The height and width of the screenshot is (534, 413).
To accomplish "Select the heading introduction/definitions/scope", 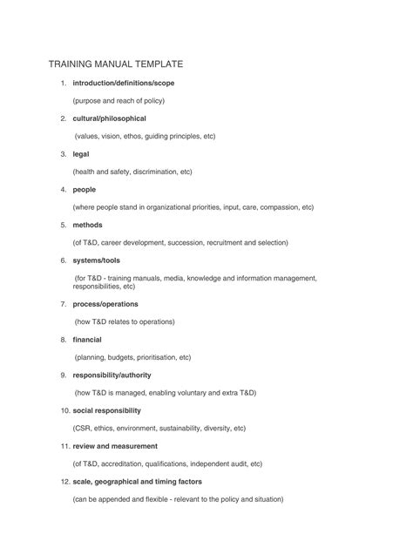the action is pos(130,83).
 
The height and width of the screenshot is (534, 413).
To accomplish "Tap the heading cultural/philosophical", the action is pos(110,118).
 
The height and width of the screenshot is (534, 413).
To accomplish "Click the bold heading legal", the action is pos(81,154).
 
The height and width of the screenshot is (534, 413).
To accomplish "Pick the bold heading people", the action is pos(85,189).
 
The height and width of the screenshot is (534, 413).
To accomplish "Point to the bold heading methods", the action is pos(88,225).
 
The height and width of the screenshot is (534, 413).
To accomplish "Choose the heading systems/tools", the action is pos(98,260).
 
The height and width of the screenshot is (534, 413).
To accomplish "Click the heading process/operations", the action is pos(105,304).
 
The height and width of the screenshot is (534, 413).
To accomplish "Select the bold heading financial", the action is pos(87,339).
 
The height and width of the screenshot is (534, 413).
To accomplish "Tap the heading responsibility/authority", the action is pos(112,375).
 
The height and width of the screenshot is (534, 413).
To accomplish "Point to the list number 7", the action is pos(63,304).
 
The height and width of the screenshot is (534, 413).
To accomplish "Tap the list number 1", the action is pos(63,83).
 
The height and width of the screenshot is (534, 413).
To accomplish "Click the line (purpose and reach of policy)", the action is pos(118,101).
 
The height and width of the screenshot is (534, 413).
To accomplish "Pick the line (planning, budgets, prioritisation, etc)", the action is pos(132,357).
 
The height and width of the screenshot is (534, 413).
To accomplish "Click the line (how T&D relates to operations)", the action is pos(125,321).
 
